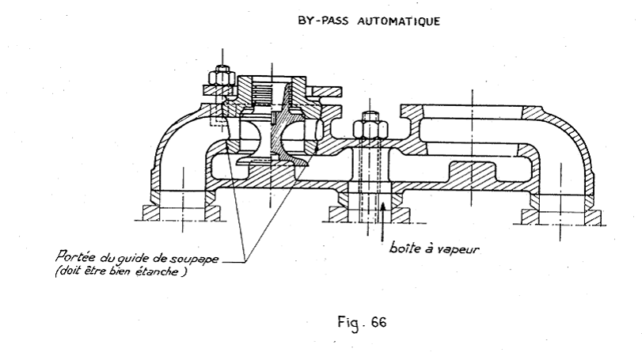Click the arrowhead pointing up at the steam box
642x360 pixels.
pos(382,208)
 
